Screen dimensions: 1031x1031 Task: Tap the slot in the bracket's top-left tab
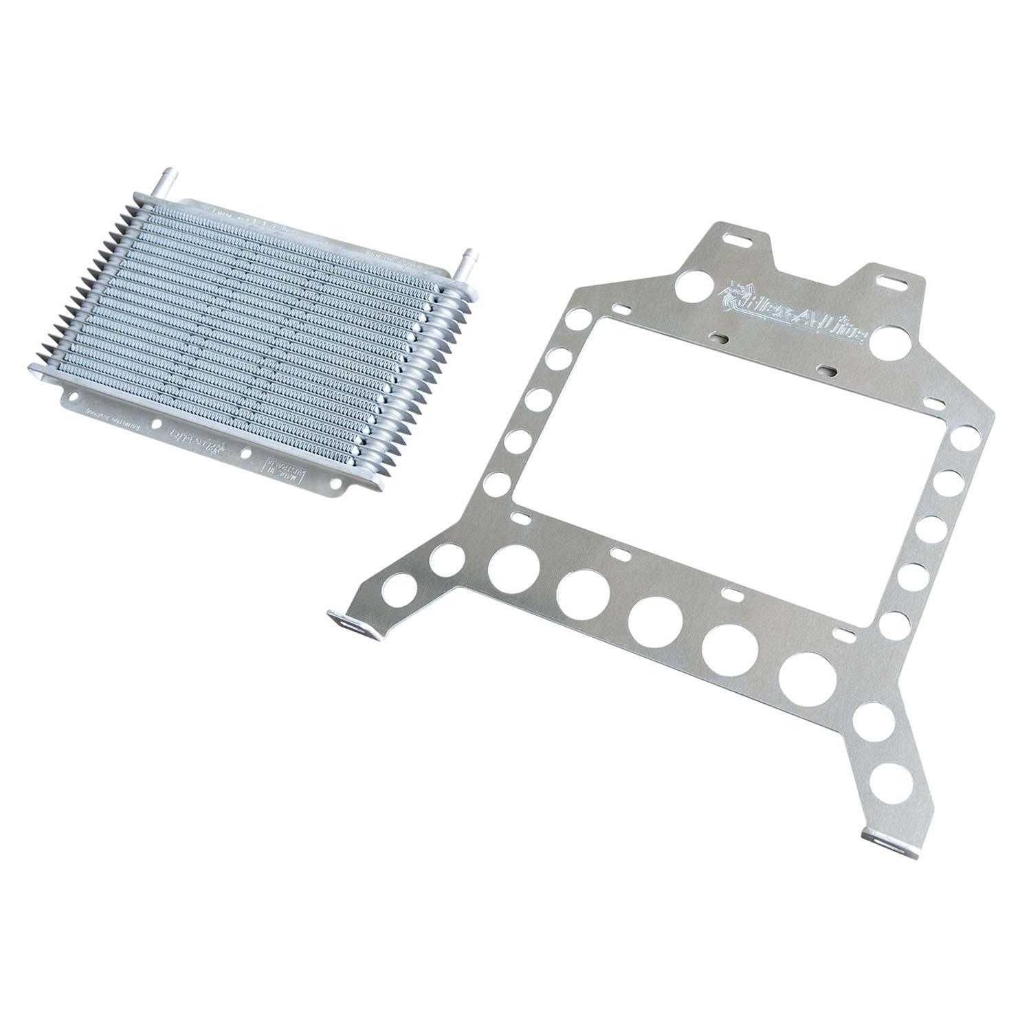pos(737,240)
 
